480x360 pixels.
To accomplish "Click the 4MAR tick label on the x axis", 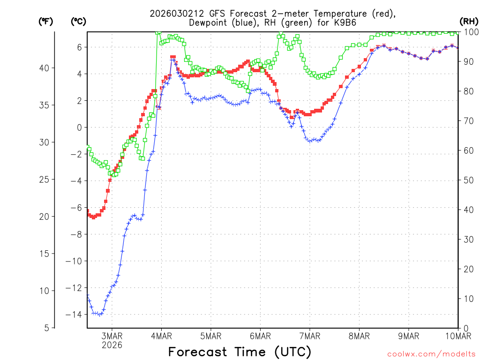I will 161,336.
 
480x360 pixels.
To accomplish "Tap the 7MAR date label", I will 309,336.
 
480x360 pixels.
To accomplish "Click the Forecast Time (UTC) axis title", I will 240,352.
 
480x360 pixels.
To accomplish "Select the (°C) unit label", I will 78,22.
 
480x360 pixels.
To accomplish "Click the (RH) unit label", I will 469,22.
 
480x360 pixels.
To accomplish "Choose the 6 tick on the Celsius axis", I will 80,47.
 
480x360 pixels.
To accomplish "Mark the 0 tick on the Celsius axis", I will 80,127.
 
